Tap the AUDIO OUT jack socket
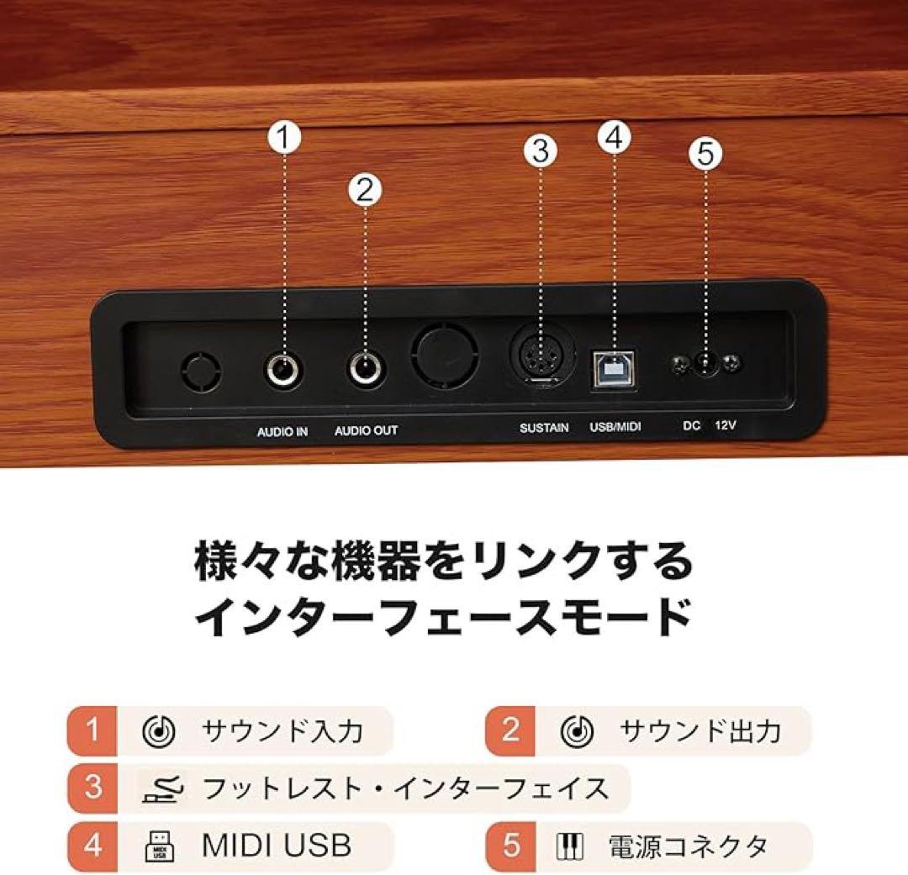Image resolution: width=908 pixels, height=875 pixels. [x=365, y=368]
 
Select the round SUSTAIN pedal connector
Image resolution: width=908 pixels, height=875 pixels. [x=540, y=363]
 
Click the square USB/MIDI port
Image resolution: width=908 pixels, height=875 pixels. [x=614, y=367]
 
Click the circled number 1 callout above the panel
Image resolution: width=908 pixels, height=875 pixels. [x=284, y=137]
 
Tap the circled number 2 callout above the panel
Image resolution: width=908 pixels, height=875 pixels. [x=364, y=189]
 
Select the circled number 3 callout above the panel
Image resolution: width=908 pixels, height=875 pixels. [x=540, y=151]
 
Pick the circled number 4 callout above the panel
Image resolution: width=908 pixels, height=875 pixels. [x=614, y=137]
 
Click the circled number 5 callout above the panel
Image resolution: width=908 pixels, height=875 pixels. [x=705, y=153]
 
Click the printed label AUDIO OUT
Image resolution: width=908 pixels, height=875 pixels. [x=366, y=431]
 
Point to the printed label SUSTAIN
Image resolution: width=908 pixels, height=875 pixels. [x=543, y=428]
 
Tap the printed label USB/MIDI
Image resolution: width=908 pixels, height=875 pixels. [x=615, y=428]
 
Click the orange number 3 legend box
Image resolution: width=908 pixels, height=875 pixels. [x=92, y=788]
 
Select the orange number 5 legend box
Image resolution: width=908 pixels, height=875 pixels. [x=511, y=845]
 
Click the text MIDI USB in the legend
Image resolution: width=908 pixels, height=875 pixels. [x=276, y=845]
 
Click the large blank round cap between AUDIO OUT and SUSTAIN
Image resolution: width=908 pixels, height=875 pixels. [x=444, y=357]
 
